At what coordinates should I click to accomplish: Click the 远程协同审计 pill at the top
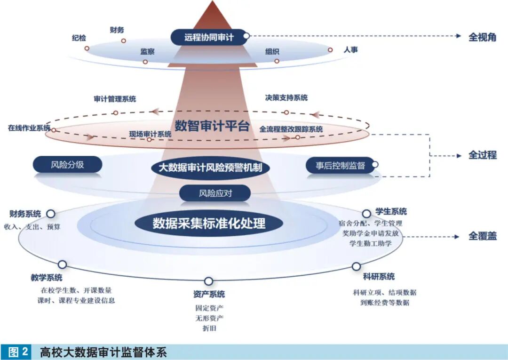(208, 37)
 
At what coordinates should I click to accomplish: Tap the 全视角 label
(482, 37)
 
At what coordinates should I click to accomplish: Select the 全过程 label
(482, 155)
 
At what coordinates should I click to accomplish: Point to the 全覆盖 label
(482, 236)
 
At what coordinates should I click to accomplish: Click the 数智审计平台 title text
(212, 126)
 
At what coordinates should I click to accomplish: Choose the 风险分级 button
(67, 165)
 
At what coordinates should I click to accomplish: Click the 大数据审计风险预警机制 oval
(210, 168)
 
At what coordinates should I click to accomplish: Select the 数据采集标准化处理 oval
(209, 223)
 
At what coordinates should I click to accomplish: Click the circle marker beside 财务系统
(50, 214)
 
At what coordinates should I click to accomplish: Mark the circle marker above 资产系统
(208, 281)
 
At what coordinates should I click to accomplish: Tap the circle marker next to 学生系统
(366, 214)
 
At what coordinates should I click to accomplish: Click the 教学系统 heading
(47, 278)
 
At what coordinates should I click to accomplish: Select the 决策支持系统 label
(286, 98)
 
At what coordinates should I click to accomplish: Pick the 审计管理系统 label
(115, 99)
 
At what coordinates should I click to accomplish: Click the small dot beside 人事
(330, 50)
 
